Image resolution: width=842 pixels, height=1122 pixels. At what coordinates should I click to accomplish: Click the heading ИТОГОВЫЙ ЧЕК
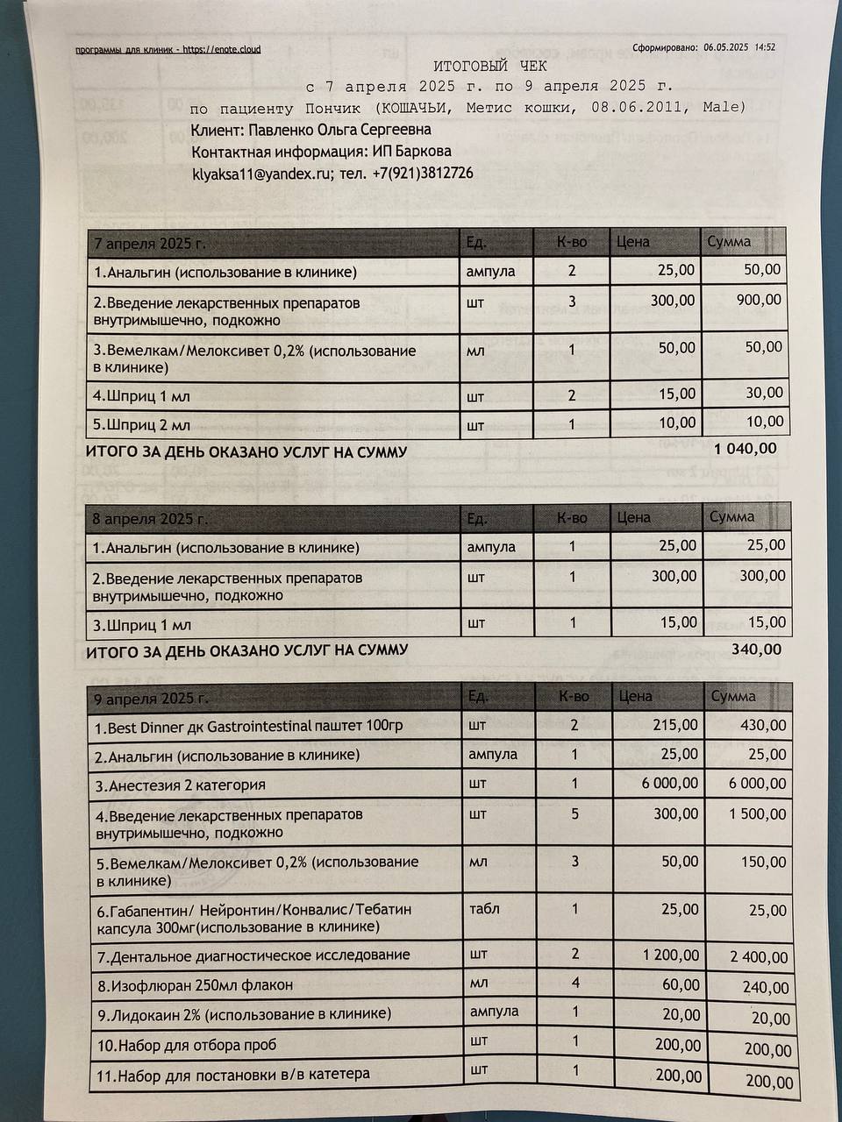coord(489,67)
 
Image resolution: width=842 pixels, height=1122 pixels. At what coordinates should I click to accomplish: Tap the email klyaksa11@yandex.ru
coord(262,174)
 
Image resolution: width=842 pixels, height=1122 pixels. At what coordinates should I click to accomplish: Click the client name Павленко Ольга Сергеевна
coord(310,130)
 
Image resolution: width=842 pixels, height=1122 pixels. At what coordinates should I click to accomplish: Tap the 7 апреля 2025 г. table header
coord(150,244)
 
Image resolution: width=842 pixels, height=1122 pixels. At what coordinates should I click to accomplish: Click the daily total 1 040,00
coord(746,449)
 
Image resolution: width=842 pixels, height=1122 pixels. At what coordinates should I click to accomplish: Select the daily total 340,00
coord(756,650)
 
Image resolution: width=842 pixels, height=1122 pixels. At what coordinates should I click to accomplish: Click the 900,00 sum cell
coord(760,300)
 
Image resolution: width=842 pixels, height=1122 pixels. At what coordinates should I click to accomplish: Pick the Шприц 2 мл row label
coord(142,426)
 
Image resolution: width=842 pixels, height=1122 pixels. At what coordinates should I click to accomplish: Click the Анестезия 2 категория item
coord(181,785)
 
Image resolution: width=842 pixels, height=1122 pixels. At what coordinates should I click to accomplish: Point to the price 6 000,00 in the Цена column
coord(670,783)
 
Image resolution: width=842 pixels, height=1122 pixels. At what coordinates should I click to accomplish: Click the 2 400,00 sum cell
coord(759,956)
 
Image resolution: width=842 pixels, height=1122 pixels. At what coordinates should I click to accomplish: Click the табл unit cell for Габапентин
coord(484,909)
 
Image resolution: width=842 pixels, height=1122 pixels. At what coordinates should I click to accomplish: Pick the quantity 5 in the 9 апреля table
coord(575,813)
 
